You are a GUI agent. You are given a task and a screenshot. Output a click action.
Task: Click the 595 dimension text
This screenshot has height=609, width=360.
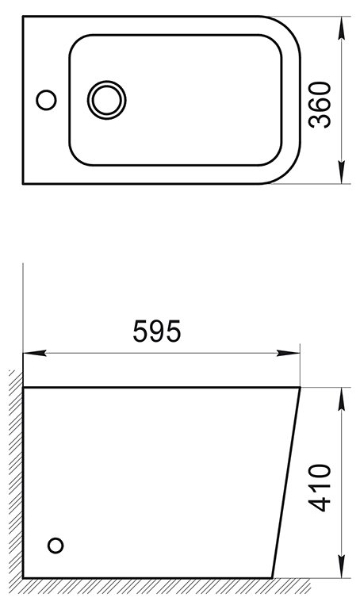157,331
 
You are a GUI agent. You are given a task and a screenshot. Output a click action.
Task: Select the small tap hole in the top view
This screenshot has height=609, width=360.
47,100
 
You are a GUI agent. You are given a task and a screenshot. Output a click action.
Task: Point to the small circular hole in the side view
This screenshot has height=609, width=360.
56,545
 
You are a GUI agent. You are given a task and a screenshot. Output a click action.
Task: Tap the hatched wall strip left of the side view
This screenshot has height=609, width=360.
15,476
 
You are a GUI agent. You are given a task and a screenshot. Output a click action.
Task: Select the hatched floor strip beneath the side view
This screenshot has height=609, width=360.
159,586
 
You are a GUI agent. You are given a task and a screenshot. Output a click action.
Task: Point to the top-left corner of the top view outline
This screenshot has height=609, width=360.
22,16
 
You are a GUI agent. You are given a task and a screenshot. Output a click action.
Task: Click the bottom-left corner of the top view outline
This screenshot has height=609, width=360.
22,184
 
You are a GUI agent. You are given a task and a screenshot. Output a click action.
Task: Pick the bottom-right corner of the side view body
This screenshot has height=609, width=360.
272,577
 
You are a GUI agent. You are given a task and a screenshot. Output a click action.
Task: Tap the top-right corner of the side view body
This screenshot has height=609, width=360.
300,388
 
